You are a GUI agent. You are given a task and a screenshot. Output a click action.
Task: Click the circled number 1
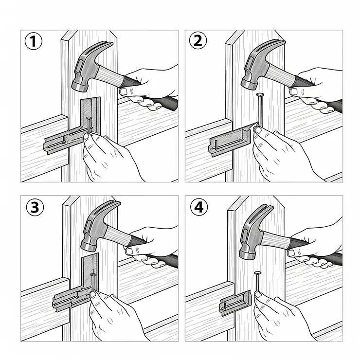(x=33, y=42)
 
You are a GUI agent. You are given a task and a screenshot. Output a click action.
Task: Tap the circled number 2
(x=198, y=42)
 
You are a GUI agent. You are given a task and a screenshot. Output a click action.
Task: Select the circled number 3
(x=34, y=207)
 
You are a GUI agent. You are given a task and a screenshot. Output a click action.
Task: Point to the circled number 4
(x=198, y=207)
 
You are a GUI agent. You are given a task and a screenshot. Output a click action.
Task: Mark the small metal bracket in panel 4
(x=236, y=303)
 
